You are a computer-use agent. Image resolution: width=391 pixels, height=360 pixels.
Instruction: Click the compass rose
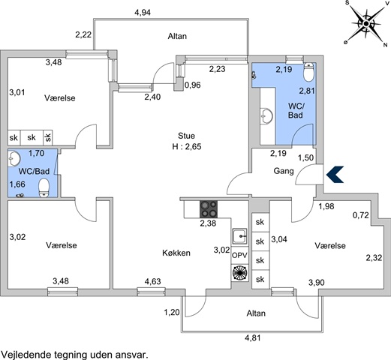click(x=366, y=24)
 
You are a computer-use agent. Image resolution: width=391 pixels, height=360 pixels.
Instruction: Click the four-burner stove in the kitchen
click(x=209, y=209)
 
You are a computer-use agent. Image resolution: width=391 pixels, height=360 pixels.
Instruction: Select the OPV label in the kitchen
click(x=239, y=255)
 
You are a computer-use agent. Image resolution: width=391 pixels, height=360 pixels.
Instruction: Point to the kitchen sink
click(x=239, y=236)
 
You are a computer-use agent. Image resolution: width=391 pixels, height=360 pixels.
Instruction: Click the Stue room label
click(x=186, y=136)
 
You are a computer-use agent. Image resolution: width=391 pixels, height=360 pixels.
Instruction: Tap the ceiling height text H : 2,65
click(x=187, y=146)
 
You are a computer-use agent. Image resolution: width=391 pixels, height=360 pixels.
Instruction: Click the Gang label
click(x=284, y=171)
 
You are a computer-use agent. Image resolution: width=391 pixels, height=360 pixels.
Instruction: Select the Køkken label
click(x=176, y=253)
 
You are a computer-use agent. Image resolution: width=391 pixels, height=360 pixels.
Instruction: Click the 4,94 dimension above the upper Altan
click(x=143, y=12)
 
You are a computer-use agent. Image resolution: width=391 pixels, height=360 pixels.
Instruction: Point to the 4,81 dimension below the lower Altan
click(x=253, y=338)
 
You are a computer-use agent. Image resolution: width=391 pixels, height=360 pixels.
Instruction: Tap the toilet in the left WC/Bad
click(x=44, y=187)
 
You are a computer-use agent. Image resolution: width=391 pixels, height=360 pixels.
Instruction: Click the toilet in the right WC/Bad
click(x=308, y=72)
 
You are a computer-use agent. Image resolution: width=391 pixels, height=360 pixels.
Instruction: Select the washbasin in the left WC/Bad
click(x=14, y=158)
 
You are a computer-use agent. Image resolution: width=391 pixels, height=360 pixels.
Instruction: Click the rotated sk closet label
click(x=48, y=137)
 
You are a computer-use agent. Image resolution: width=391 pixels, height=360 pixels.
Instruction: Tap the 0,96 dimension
click(x=193, y=85)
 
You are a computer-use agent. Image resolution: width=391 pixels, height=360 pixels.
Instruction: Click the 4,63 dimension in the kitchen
click(x=152, y=281)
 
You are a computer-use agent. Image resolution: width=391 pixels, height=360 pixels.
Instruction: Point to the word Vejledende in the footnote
click(x=26, y=355)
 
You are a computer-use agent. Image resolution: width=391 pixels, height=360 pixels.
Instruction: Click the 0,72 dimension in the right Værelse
click(x=361, y=215)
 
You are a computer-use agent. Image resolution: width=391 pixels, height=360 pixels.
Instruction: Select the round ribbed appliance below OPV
click(x=239, y=273)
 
